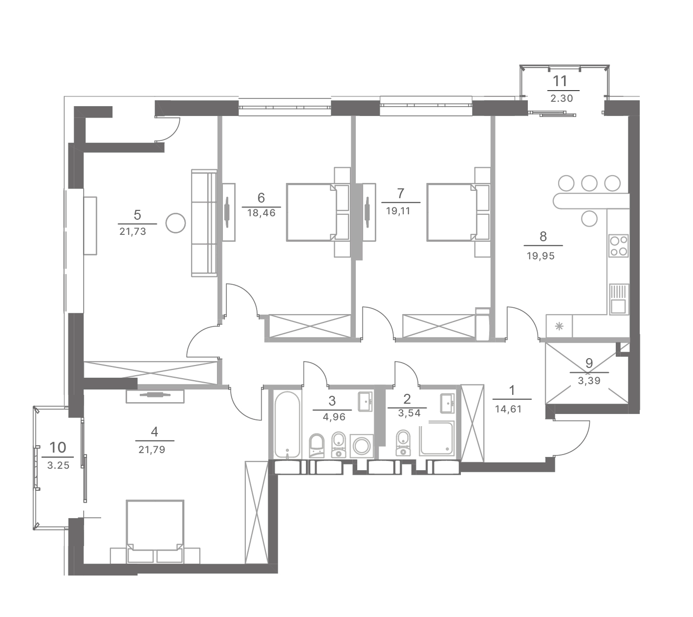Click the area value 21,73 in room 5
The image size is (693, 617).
click(x=133, y=232)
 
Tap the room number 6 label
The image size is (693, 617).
click(x=261, y=198)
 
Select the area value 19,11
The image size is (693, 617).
click(x=398, y=211)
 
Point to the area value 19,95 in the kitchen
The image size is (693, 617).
click(x=541, y=256)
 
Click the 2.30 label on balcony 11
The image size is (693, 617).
click(x=562, y=99)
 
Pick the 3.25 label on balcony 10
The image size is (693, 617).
click(x=59, y=466)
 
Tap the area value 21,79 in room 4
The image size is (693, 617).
click(x=152, y=450)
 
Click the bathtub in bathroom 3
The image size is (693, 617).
click(x=287, y=425)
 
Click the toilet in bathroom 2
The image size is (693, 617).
click(x=403, y=443)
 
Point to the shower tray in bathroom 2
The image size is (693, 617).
click(x=437, y=439)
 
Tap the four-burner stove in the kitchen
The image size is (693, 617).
click(x=618, y=246)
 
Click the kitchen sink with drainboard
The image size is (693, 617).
click(x=618, y=299)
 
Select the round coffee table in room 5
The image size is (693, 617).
click(x=175, y=223)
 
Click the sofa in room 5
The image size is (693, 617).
click(x=204, y=223)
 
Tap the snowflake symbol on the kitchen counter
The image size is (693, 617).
click(x=559, y=326)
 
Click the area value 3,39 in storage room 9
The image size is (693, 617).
click(x=589, y=381)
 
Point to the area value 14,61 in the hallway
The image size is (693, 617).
click(x=508, y=409)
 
